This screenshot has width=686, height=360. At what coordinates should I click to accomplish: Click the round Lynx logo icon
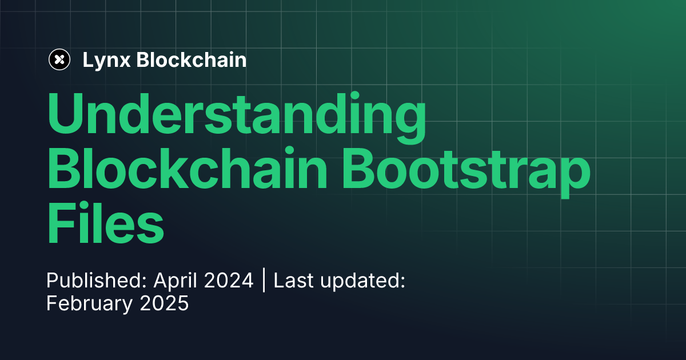(x=59, y=59)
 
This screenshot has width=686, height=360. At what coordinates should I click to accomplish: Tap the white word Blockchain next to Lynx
(x=192, y=60)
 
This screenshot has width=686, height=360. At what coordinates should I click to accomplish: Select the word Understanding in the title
(x=236, y=115)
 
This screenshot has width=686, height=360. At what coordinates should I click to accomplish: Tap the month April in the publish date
(x=173, y=281)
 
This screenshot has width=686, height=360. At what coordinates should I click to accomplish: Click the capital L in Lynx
(x=87, y=60)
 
